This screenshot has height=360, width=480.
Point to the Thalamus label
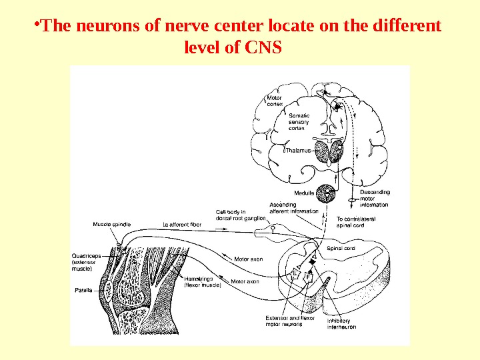tap(299, 151)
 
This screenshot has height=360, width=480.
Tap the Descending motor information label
tap(374, 198)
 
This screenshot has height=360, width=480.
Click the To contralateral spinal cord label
tap(356, 222)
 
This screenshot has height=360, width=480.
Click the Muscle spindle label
tap(112, 224)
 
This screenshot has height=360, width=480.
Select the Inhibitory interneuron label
tap(341, 324)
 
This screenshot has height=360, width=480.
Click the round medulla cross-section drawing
tap(327, 193)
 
